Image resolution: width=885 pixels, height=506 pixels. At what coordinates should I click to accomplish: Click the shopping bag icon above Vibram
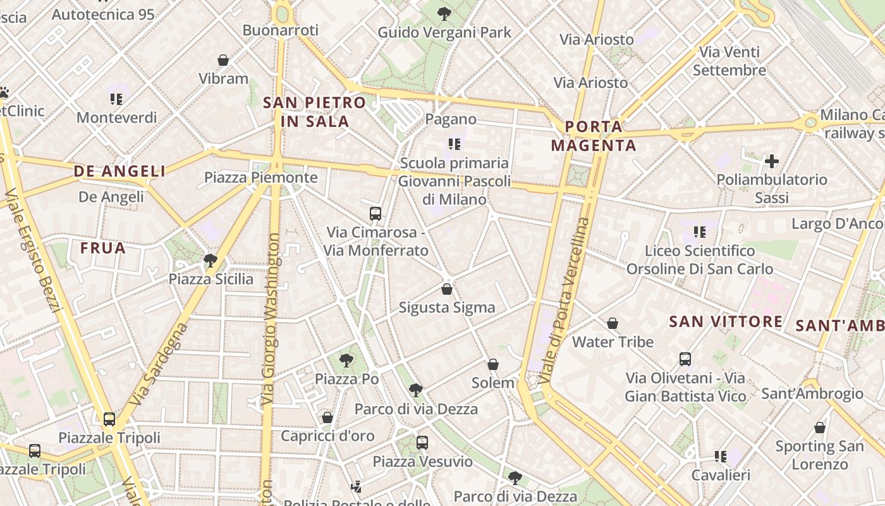(x=223, y=60)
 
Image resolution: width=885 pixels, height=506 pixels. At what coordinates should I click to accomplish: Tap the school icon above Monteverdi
(x=116, y=99)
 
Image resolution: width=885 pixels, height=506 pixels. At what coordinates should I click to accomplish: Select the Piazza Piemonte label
(x=260, y=177)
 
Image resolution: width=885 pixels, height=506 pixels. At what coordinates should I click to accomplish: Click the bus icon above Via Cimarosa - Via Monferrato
(x=375, y=213)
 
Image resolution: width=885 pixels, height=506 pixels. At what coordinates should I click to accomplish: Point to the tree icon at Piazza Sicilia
(x=210, y=260)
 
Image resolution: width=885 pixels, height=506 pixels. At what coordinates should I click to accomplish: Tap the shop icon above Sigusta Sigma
(x=447, y=289)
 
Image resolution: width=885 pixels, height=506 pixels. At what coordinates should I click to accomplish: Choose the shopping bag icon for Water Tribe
(x=613, y=323)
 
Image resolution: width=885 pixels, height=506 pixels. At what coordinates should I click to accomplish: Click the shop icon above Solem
(x=493, y=364)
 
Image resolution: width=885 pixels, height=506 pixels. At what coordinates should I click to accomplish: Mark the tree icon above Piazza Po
(x=346, y=361)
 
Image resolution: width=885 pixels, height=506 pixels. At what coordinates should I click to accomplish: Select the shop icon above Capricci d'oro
(x=327, y=417)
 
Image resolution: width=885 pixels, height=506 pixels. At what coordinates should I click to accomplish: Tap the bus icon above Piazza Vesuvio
(x=422, y=443)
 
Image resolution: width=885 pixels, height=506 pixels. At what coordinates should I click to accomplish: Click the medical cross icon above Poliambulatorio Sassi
(x=771, y=161)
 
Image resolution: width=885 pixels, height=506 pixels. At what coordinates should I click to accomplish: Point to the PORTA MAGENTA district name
(x=594, y=136)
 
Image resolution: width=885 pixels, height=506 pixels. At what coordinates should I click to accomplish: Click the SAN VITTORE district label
(x=726, y=321)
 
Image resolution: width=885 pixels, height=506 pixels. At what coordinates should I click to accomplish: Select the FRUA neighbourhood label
(x=103, y=248)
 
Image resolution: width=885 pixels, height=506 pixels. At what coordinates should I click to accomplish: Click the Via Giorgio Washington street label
(x=271, y=319)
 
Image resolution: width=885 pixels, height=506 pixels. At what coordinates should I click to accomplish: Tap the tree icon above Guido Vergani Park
(x=444, y=13)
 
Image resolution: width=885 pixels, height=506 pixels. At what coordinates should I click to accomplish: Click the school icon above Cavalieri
(x=721, y=456)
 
